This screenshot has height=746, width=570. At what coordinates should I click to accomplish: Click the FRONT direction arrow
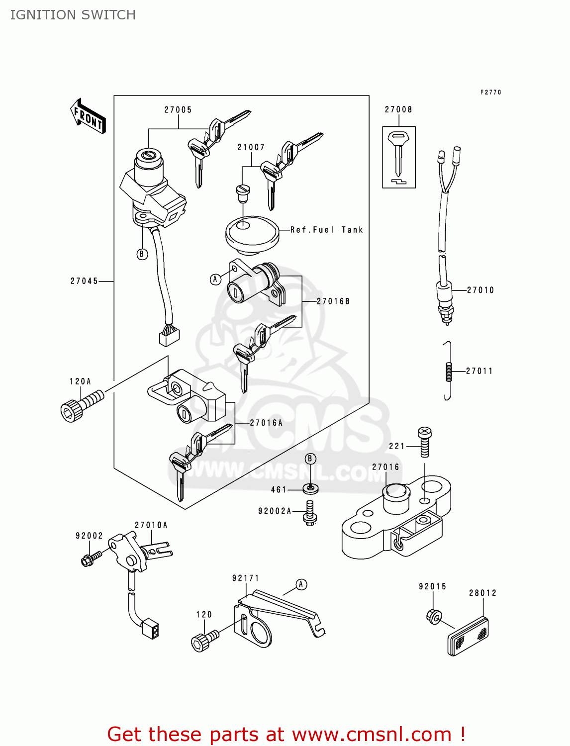(x=88, y=116)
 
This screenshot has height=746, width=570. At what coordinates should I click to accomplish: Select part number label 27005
(x=178, y=110)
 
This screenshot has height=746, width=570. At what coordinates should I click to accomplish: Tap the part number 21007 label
(x=251, y=147)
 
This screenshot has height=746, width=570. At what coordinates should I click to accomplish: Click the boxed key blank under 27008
(x=398, y=157)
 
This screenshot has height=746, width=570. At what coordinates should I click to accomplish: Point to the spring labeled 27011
(x=448, y=371)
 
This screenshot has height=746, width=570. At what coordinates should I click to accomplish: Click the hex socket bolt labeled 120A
(x=81, y=405)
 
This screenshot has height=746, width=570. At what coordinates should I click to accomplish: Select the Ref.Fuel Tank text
(x=327, y=230)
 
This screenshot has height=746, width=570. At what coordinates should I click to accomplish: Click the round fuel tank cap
(x=252, y=232)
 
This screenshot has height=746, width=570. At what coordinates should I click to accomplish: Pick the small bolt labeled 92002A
(x=310, y=513)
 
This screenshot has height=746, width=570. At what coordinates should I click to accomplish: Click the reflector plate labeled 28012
(x=468, y=637)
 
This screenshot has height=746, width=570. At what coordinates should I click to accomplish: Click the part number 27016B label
(x=333, y=301)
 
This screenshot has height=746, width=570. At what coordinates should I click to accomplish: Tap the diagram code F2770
(x=490, y=93)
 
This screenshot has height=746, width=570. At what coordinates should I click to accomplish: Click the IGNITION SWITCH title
(x=73, y=15)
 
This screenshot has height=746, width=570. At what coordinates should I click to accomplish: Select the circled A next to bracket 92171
(x=301, y=585)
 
